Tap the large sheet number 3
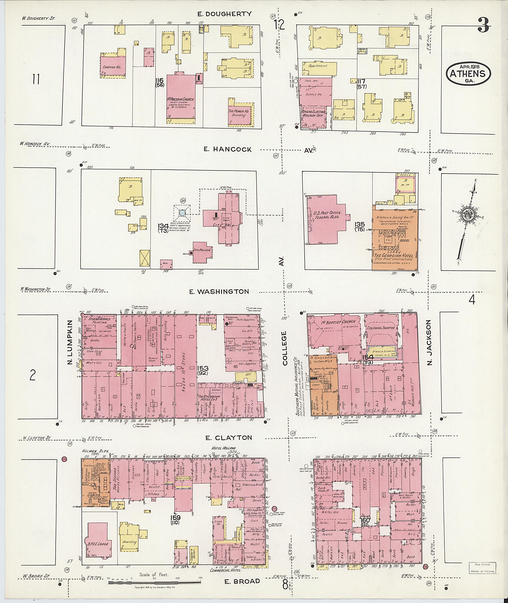pyautogui.click(x=483, y=25)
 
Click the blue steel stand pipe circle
pyautogui.click(x=182, y=213)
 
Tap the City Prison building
pyautogui.click(x=202, y=251)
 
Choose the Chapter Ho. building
pyautogui.click(x=113, y=67)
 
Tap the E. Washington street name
pyautogui.click(x=219, y=292)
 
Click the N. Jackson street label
pyautogui.click(x=429, y=343)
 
